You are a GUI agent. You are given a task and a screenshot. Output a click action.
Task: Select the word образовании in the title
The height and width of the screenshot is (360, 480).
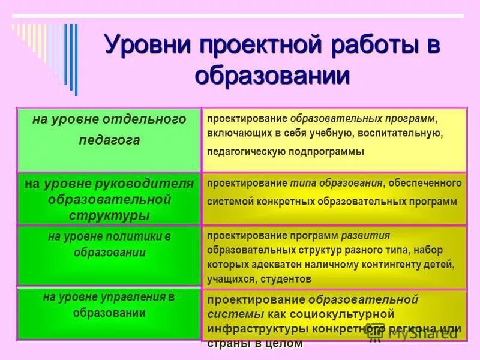pos(272,76)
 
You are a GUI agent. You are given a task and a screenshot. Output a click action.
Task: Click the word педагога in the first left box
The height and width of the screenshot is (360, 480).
pos(109,140)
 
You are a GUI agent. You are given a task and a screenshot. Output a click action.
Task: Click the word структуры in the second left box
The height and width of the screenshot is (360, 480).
pos(109,215)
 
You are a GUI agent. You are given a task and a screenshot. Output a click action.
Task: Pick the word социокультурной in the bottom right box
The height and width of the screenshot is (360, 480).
pos(346,314)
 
